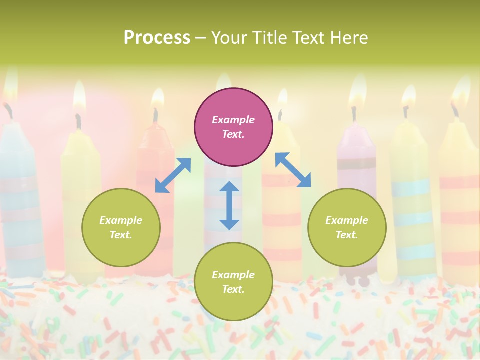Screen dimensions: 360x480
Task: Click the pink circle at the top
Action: click(x=233, y=127)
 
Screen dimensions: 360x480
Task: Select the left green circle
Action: click(x=121, y=227)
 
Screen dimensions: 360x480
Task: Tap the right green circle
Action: click(x=347, y=227)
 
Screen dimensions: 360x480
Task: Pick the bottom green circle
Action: click(x=233, y=282)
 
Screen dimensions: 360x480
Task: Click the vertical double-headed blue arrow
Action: click(x=229, y=205)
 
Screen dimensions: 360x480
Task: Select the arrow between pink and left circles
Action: click(x=173, y=175)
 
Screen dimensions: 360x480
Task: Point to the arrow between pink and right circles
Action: click(x=293, y=170)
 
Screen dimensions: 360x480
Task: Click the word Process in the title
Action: click(x=157, y=38)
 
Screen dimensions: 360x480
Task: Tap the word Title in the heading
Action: click(x=268, y=38)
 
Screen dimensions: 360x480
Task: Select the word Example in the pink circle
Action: click(x=233, y=120)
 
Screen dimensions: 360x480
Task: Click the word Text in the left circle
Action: click(x=120, y=235)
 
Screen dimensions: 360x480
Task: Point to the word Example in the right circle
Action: click(x=347, y=220)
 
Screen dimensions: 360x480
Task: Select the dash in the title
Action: click(x=201, y=38)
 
